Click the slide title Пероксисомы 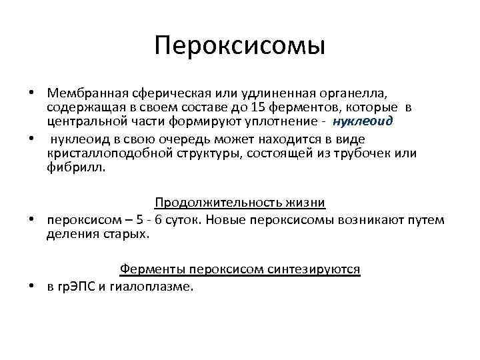[240, 46]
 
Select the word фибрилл [71, 169]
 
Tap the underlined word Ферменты [153, 269]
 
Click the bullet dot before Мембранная [31, 91]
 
